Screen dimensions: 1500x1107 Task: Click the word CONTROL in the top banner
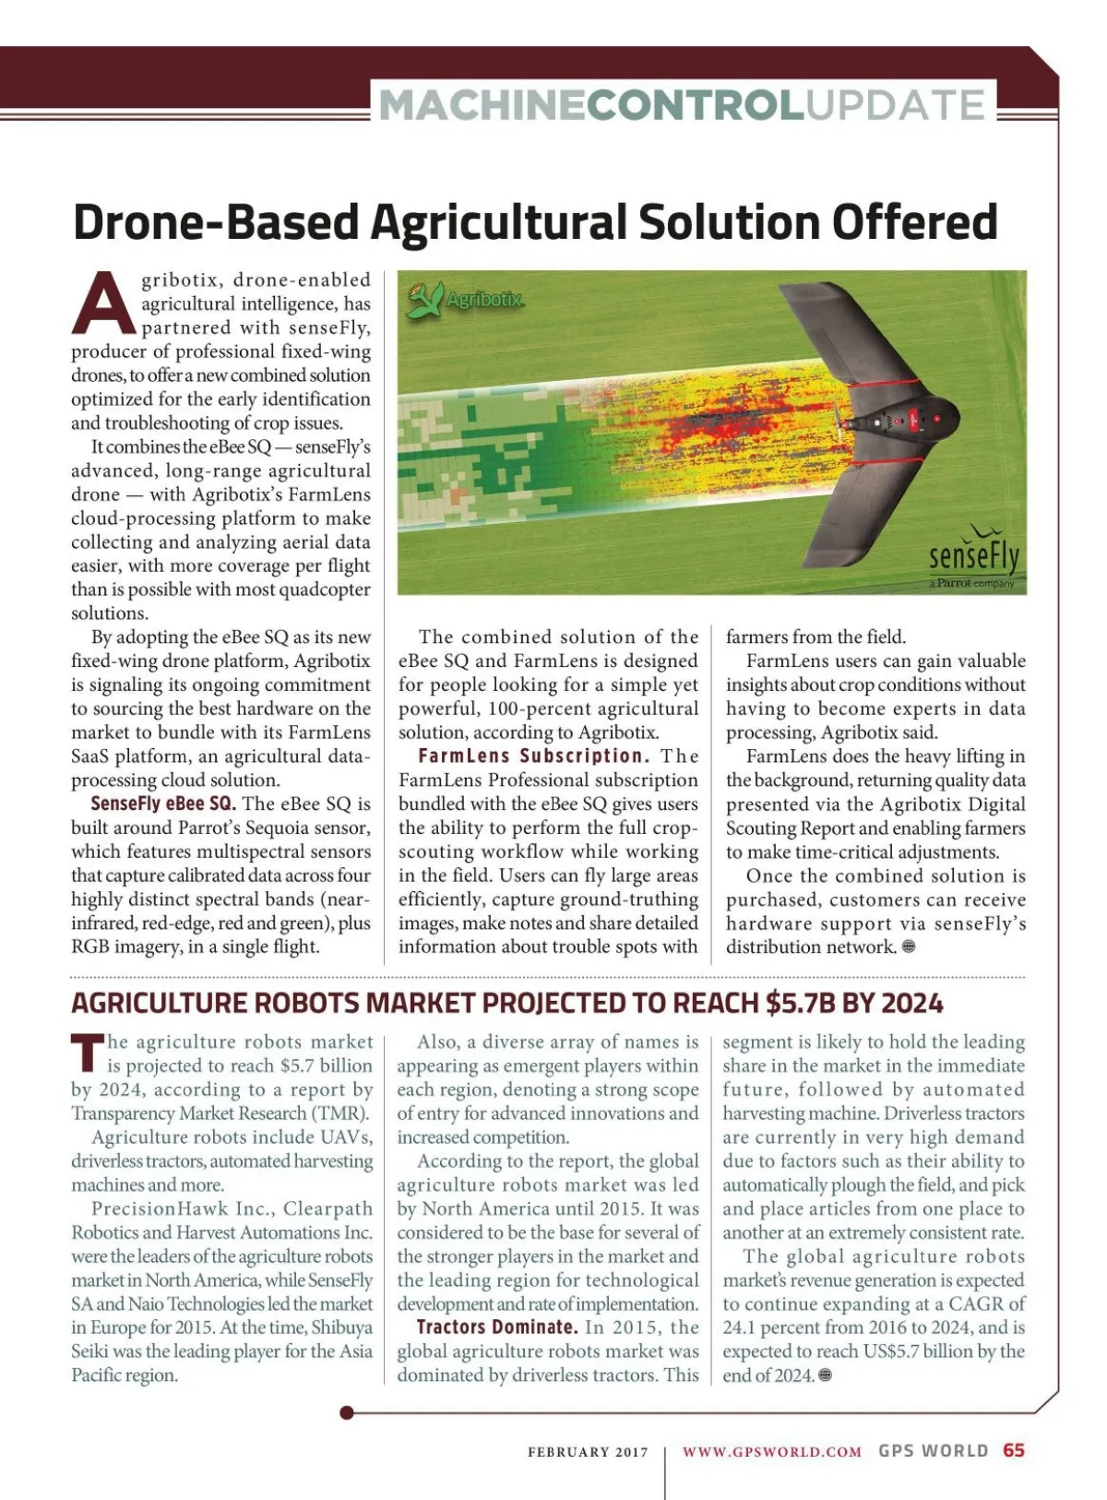click(x=695, y=104)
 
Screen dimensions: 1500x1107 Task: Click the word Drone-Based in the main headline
click(x=216, y=222)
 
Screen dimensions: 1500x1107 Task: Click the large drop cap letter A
click(x=103, y=303)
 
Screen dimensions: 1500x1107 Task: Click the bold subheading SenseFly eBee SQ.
click(x=163, y=804)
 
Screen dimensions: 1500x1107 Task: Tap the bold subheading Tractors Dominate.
click(x=496, y=1327)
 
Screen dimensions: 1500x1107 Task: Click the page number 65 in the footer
click(x=1014, y=1450)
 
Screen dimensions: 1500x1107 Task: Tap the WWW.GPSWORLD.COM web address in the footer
click(x=772, y=1451)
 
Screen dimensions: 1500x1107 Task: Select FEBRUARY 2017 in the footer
click(x=588, y=1452)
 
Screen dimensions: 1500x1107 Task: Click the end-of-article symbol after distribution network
click(x=909, y=946)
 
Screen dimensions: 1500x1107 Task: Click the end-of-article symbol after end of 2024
click(x=826, y=1375)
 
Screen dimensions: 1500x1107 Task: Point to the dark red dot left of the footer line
click(x=347, y=1412)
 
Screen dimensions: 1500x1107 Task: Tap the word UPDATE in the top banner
click(x=896, y=104)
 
